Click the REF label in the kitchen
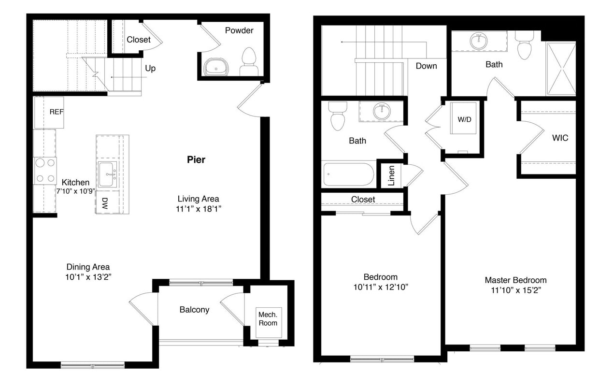tap(57, 112)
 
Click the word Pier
tap(196, 160)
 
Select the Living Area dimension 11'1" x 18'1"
tap(198, 209)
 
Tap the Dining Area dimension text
tap(88, 277)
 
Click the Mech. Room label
tap(268, 318)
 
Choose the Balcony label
tap(194, 310)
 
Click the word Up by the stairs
tap(150, 69)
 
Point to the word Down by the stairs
tap(426, 66)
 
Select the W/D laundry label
tap(464, 119)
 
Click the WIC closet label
tap(560, 138)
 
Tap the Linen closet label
tap(391, 175)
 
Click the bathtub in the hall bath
tap(348, 175)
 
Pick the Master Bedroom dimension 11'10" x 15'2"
tap(515, 290)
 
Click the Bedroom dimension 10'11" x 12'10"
tap(380, 287)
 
